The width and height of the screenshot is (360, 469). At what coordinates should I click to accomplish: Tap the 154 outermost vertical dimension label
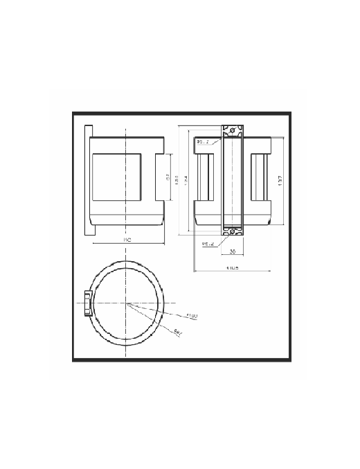[186, 179]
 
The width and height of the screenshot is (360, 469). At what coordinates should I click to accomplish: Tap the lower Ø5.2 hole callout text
[207, 244]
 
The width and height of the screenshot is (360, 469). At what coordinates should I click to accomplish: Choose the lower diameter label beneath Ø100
[179, 331]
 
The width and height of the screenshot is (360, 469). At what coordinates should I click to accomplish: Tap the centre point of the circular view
[127, 303]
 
